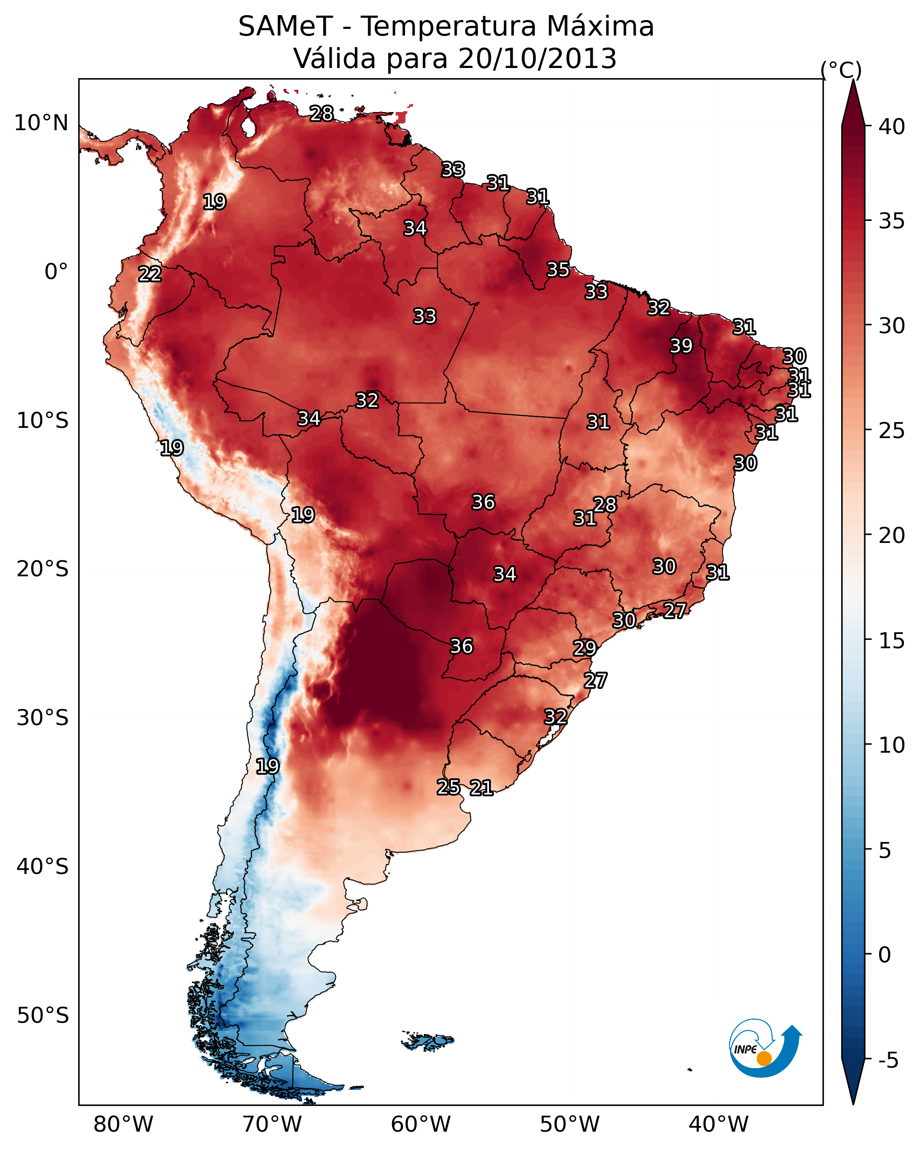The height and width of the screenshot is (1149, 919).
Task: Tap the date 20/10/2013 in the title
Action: pos(537,59)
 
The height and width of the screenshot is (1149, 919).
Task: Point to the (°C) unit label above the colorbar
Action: pos(841,70)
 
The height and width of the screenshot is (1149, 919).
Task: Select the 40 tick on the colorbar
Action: pos(891,127)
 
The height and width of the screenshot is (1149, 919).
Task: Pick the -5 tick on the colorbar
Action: pos(888,1061)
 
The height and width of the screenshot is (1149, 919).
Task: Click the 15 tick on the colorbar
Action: pos(891,641)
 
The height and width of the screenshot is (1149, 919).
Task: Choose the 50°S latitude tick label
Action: pos(43,1015)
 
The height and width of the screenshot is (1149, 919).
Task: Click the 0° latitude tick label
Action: pos(56,272)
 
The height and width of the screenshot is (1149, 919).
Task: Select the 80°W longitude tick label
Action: pos(123,1124)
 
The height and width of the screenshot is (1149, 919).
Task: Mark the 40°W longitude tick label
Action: pos(718,1124)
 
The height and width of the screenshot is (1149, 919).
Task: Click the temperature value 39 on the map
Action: pos(681,346)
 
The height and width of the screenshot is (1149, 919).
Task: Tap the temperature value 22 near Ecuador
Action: pos(150,274)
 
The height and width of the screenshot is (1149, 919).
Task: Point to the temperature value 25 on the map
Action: pos(449,787)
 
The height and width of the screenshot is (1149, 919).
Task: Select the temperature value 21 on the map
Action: pos(481,788)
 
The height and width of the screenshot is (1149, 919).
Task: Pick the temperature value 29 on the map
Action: pos(585,648)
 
